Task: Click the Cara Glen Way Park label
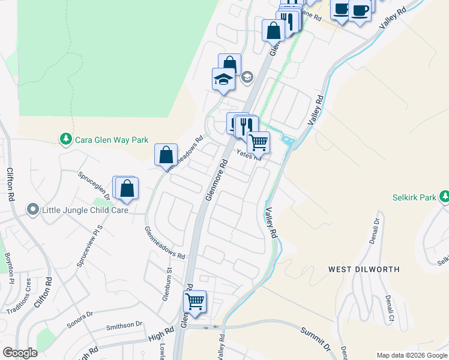click(111, 140)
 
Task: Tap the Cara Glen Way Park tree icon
click(65, 139)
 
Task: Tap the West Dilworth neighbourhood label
click(364, 269)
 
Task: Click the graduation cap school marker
click(223, 80)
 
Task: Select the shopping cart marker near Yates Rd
click(258, 143)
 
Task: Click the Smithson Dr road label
click(124, 326)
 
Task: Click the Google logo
click(20, 353)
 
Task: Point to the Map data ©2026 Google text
click(412, 355)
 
